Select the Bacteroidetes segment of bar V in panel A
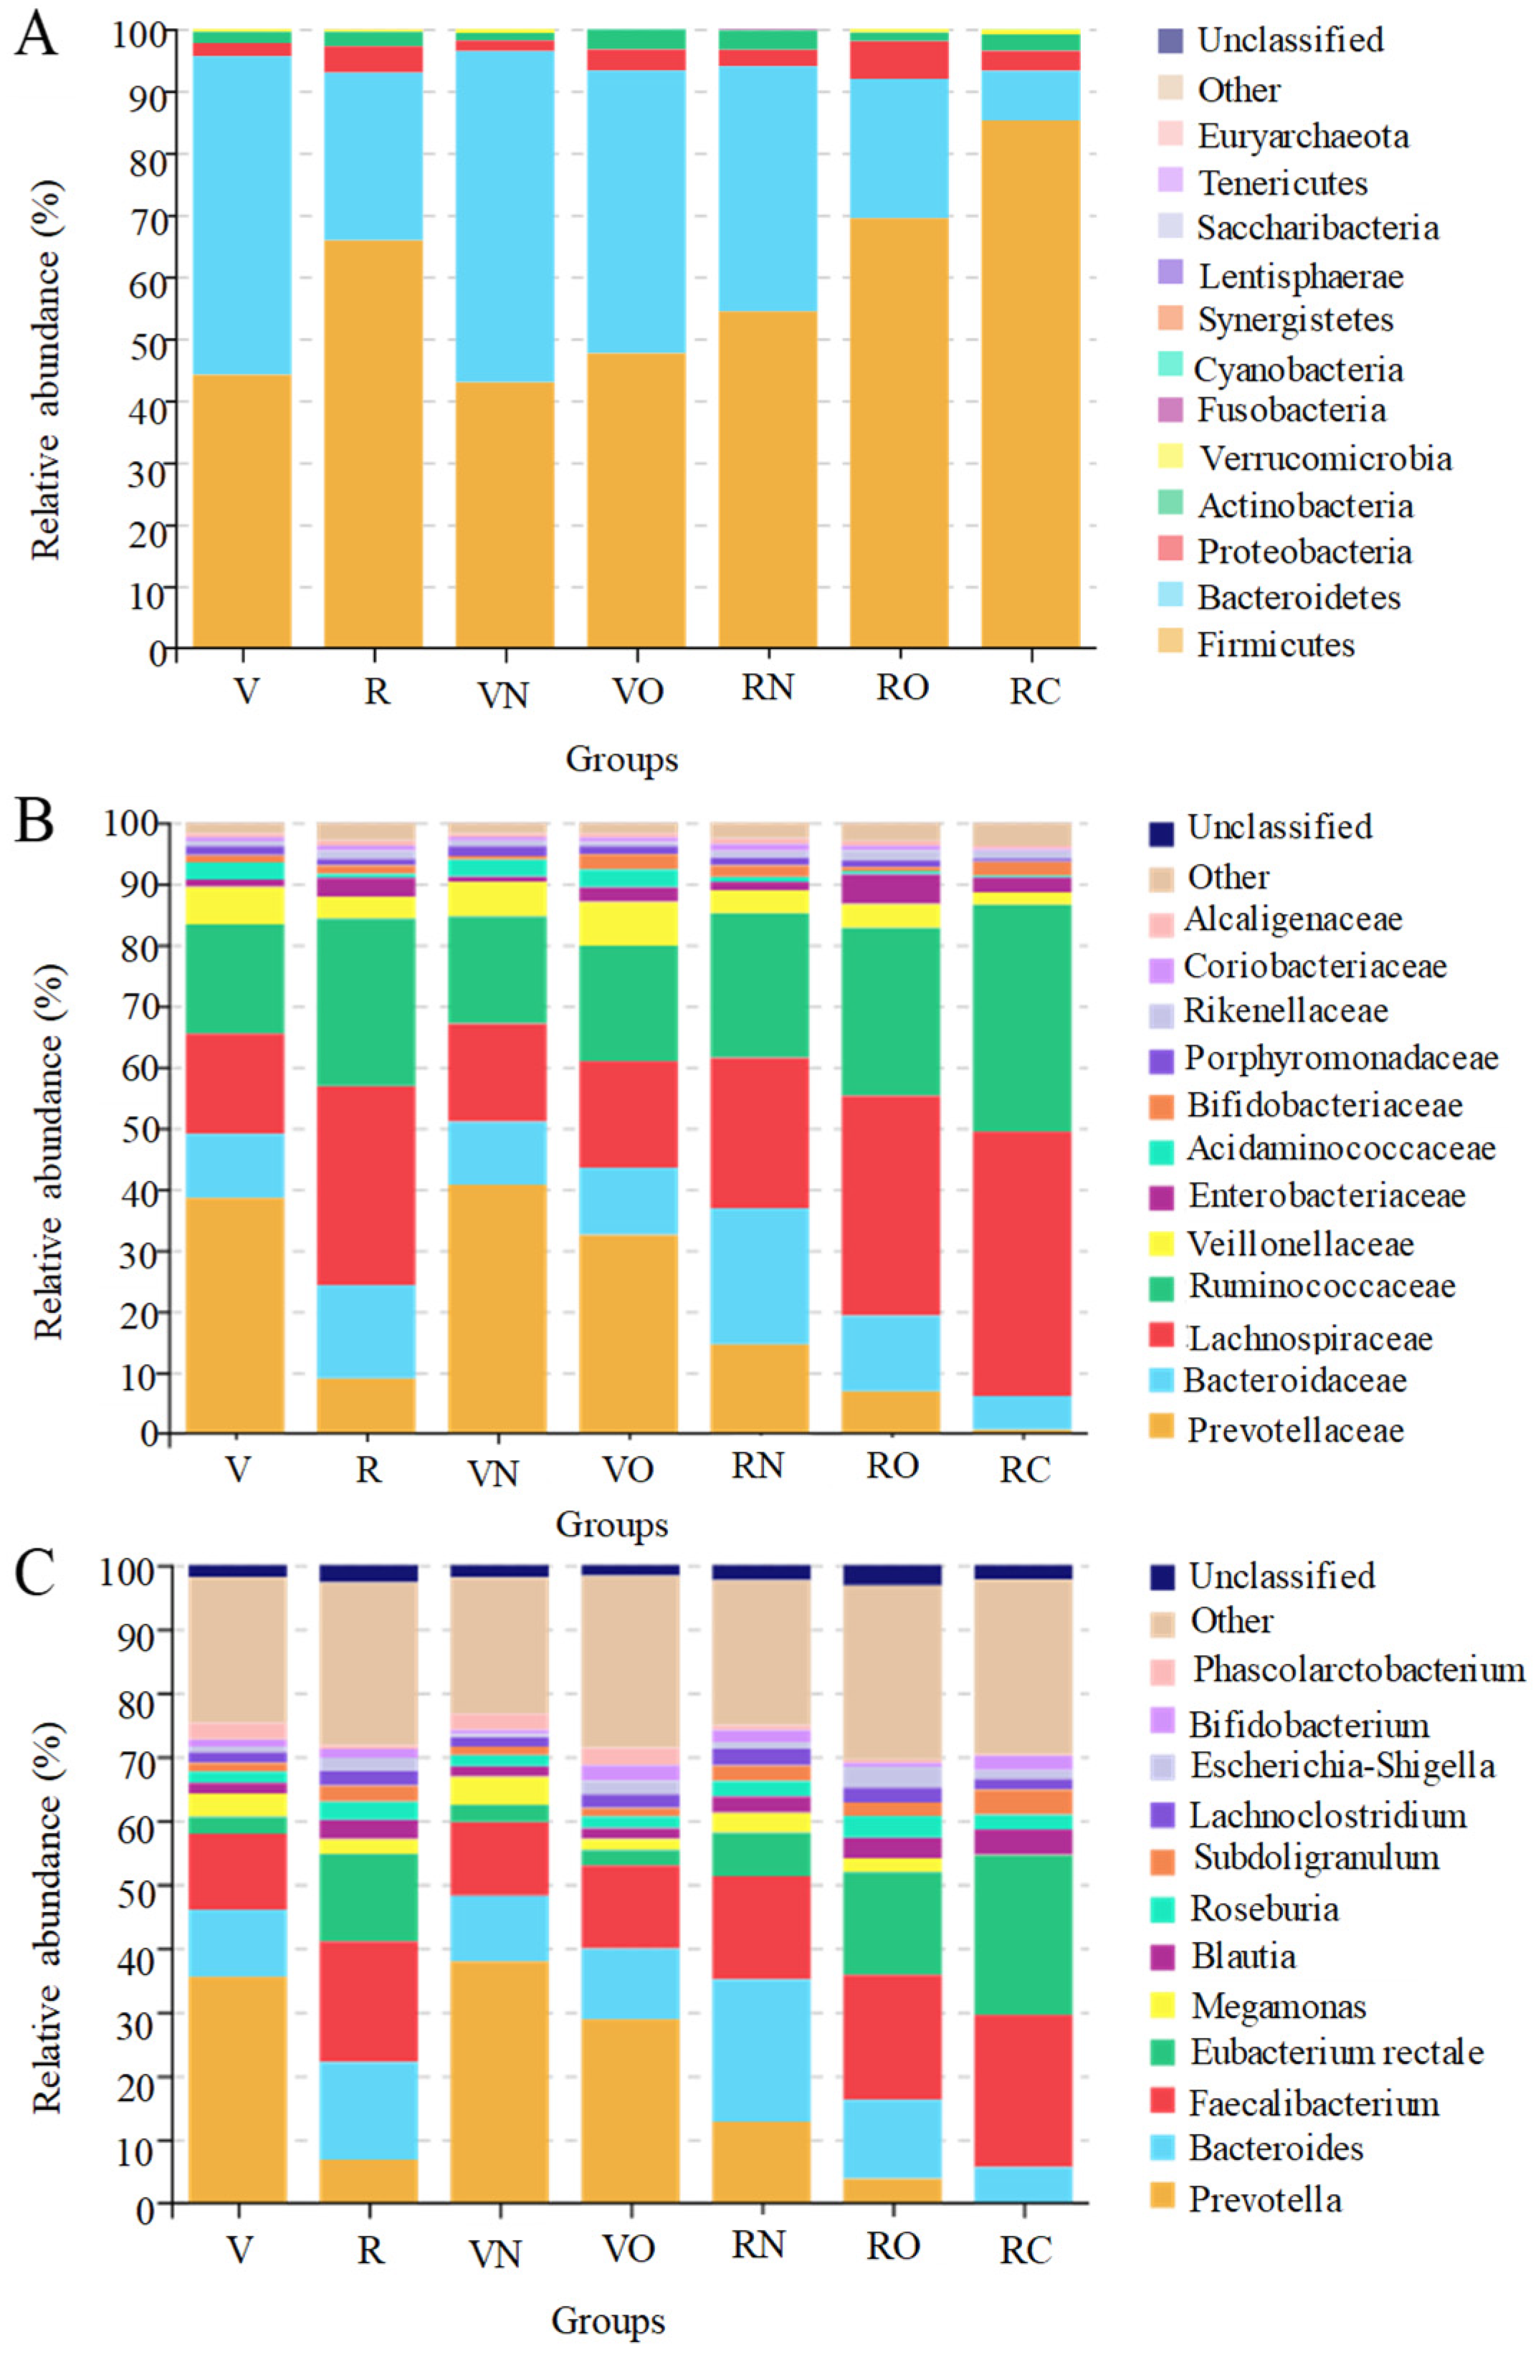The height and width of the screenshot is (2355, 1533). [242, 215]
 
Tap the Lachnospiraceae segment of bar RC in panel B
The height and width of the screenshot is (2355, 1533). [1021, 1263]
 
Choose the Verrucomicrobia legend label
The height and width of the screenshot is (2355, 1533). [1325, 458]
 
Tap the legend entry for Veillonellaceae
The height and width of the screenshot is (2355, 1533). [1299, 1244]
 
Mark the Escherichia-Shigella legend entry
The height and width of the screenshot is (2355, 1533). [1341, 1765]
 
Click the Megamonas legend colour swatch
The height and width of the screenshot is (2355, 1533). [1163, 2007]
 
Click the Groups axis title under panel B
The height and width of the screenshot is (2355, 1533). [611, 1524]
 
